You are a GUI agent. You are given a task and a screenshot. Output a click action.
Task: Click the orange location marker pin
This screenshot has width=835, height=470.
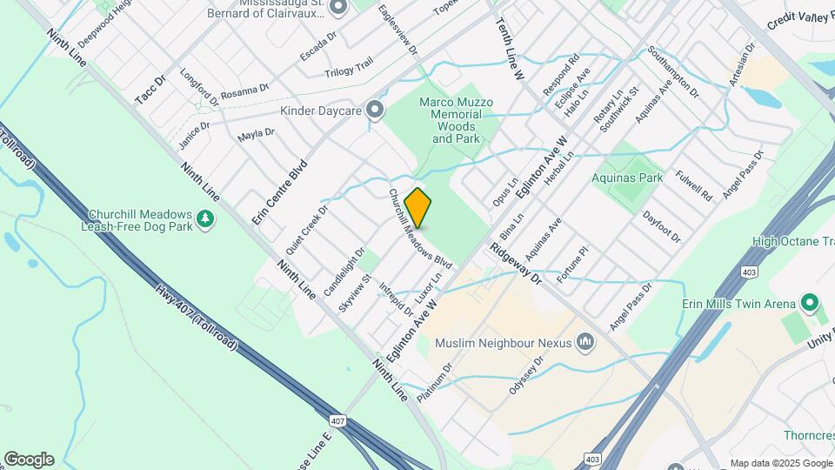[418, 207]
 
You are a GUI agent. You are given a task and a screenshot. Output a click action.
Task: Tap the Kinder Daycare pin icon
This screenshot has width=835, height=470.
[375, 110]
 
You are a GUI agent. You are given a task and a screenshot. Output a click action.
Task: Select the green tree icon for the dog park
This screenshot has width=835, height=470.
[205, 219]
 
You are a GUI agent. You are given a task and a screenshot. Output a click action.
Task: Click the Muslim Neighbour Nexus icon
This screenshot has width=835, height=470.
[585, 342]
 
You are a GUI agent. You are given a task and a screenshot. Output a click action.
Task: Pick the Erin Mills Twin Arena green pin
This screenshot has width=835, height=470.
[811, 304]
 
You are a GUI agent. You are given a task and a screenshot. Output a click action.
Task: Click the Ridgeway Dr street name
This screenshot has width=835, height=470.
[515, 264]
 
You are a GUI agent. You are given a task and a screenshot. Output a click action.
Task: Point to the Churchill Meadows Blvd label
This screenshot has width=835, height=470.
[420, 229]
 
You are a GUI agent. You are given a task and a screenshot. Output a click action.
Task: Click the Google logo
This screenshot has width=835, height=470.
[29, 460]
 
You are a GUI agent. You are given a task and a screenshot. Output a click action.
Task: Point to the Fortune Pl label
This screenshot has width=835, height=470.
[572, 261]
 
